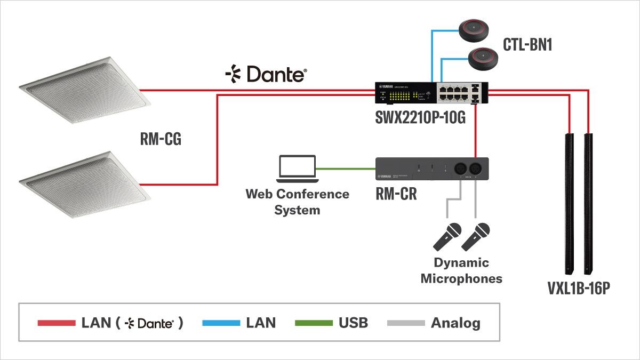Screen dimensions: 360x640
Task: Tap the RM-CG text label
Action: click(161, 140)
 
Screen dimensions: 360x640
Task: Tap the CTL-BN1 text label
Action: click(527, 45)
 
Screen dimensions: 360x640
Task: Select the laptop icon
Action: click(297, 167)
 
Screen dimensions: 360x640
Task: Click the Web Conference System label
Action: click(297, 202)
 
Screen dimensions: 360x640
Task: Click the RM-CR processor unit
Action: click(432, 170)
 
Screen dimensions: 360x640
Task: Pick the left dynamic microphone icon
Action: click(447, 237)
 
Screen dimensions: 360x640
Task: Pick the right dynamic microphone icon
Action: click(476, 237)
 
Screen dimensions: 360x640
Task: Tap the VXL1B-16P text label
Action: click(578, 289)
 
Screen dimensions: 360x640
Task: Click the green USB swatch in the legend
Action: click(314, 323)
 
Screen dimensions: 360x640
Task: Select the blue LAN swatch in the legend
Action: click(221, 323)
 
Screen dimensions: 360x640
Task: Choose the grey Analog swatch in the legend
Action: click(406, 323)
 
